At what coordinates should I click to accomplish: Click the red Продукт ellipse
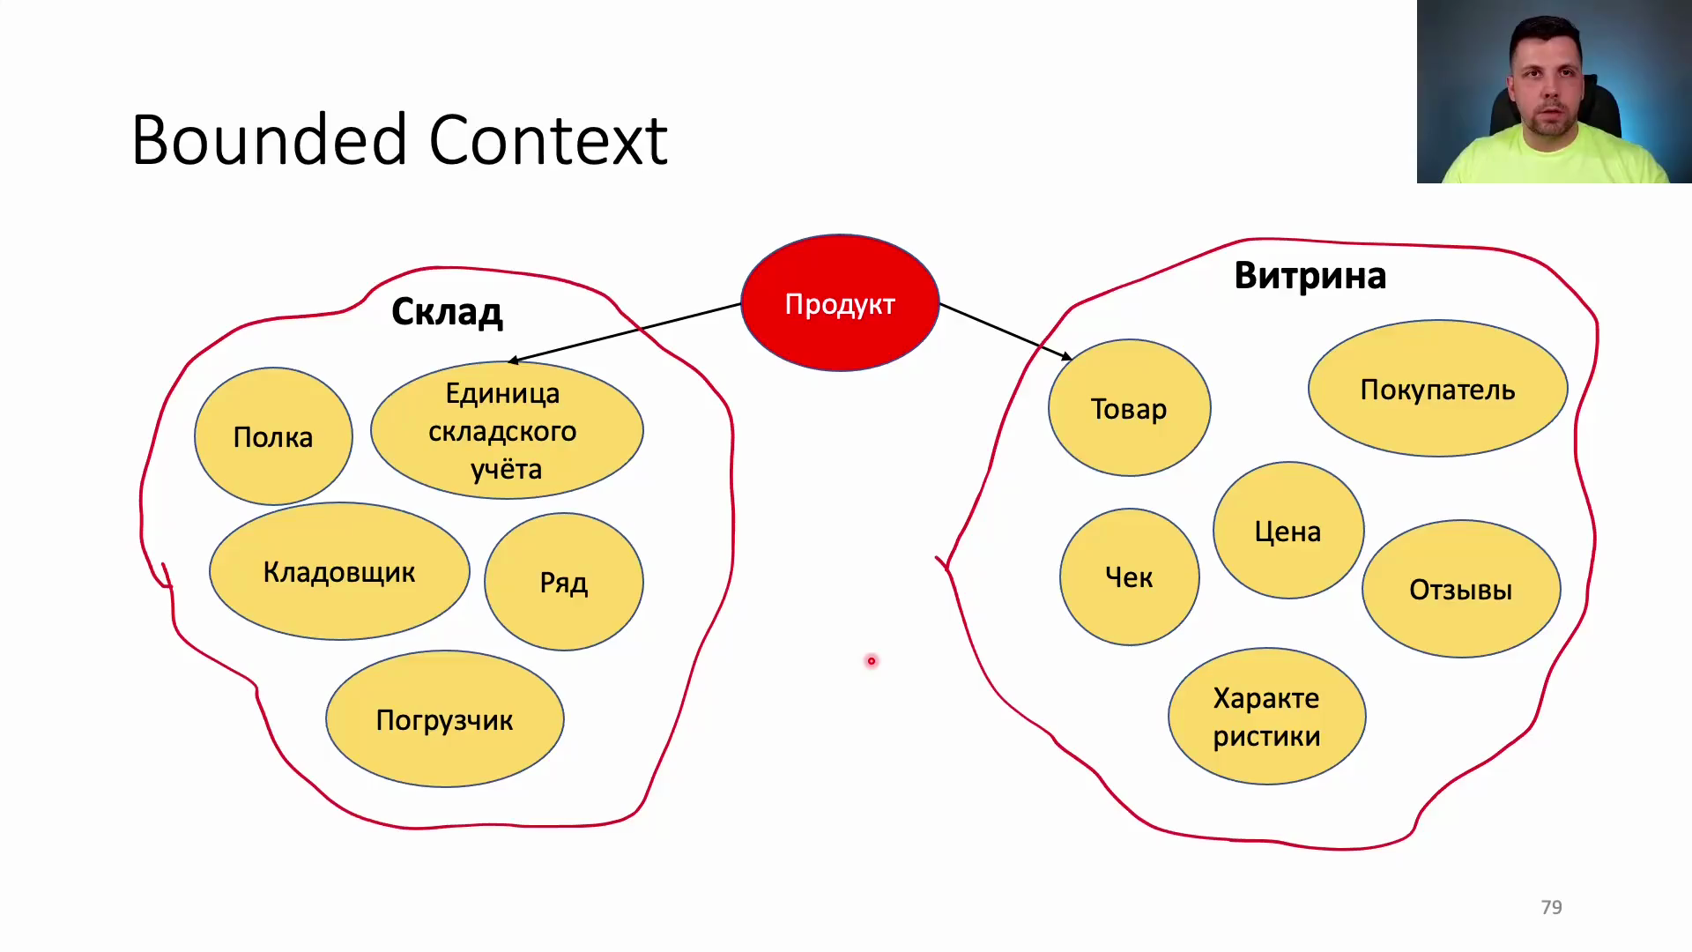840,303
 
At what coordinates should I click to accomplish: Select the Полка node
273,436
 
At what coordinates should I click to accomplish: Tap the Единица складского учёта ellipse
507,430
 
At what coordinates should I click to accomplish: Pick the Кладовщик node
339,571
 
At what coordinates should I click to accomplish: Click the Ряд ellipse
564,582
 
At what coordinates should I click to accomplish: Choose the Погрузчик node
445,719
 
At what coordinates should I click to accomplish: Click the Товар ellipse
1129,408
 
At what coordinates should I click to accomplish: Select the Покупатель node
1437,389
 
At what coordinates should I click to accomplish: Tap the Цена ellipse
1288,531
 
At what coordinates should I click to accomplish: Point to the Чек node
1130,577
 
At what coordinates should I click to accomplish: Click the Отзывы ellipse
1461,589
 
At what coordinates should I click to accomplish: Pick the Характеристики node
1267,717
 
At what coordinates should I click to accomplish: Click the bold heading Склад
447,311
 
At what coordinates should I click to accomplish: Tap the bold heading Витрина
1310,275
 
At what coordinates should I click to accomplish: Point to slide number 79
1551,907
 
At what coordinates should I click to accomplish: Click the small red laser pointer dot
872,661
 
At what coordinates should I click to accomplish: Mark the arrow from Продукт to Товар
1006,331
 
